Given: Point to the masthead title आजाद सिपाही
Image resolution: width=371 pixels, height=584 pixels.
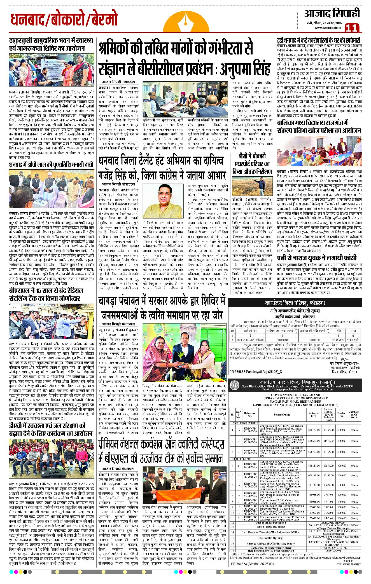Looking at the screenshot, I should (x=332, y=13).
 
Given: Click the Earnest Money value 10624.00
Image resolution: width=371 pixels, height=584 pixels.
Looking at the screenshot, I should (x=328, y=485).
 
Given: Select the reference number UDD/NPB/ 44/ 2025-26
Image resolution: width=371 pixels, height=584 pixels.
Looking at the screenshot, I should (x=250, y=466).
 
